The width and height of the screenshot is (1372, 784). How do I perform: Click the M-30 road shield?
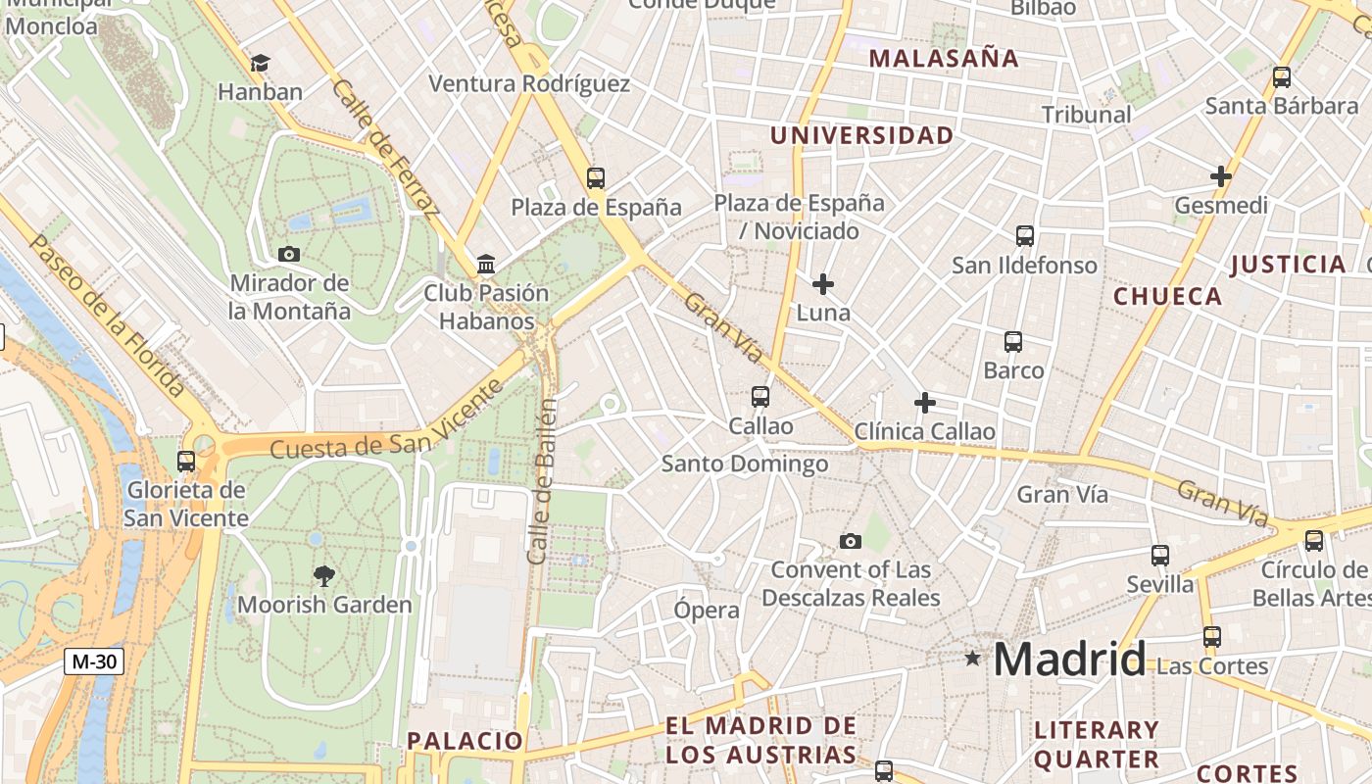pyautogui.click(x=95, y=661)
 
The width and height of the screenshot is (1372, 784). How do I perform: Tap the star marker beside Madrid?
pyautogui.click(x=972, y=659)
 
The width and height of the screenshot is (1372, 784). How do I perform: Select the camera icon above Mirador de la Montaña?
pyautogui.click(x=288, y=254)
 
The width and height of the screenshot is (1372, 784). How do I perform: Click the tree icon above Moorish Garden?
pyautogui.click(x=323, y=575)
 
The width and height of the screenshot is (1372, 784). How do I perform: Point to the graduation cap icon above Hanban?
pyautogui.click(x=260, y=64)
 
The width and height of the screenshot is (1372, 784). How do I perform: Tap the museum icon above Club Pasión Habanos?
pyautogui.click(x=485, y=264)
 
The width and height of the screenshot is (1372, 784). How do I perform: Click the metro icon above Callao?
pyautogui.click(x=760, y=397)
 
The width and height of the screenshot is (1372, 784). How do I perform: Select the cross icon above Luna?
pyautogui.click(x=823, y=284)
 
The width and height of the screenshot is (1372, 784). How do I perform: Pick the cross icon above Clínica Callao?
pyautogui.click(x=924, y=403)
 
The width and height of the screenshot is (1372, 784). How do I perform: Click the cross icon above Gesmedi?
pyautogui.click(x=1220, y=176)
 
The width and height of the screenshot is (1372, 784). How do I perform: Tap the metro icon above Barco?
pyautogui.click(x=1013, y=342)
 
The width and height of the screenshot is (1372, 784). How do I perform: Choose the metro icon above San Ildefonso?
pyautogui.click(x=1024, y=236)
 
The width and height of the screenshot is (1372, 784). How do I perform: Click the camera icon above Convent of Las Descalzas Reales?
pyautogui.click(x=851, y=541)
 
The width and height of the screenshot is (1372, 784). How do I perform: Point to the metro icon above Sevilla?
pyautogui.click(x=1160, y=556)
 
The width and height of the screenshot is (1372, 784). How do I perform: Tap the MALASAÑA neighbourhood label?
pyautogui.click(x=944, y=58)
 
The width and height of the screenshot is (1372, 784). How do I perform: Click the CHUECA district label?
pyautogui.click(x=1167, y=296)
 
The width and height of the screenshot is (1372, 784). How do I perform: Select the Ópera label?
pyautogui.click(x=707, y=611)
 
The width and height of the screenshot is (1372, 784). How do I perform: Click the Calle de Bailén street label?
pyautogui.click(x=542, y=480)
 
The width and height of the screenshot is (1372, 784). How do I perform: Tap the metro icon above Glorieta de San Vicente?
pyautogui.click(x=185, y=461)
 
